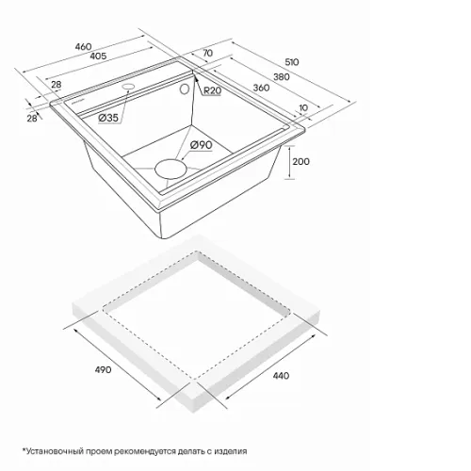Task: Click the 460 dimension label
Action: [x=83, y=47]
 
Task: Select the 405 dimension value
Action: [x=98, y=56]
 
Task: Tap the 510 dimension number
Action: [x=292, y=62]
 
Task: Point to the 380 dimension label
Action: [x=282, y=76]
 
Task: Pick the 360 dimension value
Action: [x=261, y=88]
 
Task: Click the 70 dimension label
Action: [x=207, y=53]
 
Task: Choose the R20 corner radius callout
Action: [x=213, y=90]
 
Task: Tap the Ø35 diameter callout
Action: [x=108, y=118]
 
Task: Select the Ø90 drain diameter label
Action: [x=202, y=145]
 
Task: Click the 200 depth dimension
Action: [x=300, y=161]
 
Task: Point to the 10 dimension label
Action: [x=303, y=107]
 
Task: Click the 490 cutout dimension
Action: [x=103, y=369]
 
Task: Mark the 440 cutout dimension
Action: [x=281, y=376]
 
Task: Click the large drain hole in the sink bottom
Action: [x=171, y=170]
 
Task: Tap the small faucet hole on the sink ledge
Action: [x=128, y=86]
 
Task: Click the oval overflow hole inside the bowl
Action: [x=185, y=89]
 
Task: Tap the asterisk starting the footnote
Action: [x=24, y=450]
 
